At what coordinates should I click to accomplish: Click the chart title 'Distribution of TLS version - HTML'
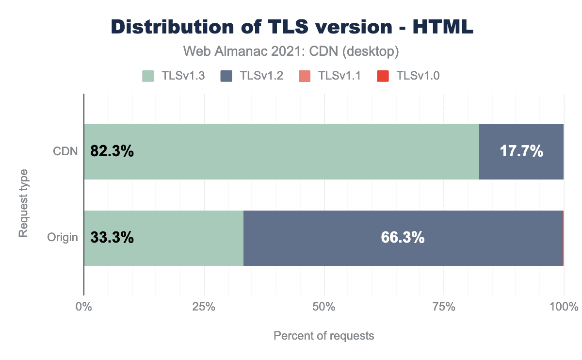[291, 27]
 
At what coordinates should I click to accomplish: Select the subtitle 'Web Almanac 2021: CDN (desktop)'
[291, 50]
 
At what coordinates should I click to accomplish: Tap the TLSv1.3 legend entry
[173, 76]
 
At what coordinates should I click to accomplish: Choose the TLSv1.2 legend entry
[251, 76]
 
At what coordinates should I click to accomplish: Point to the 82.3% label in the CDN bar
[112, 152]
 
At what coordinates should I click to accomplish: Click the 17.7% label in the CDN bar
[521, 152]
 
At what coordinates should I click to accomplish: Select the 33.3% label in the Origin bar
[112, 238]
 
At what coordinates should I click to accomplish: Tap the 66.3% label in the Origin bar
[403, 238]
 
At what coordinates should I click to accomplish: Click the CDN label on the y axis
[65, 152]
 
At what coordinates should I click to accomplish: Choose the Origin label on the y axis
[63, 238]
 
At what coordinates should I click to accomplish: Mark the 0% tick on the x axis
[84, 307]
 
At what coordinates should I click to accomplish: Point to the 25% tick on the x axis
[204, 307]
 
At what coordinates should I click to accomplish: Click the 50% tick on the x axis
[324, 307]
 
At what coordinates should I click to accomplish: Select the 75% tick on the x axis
[444, 307]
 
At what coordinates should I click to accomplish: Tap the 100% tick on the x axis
[564, 307]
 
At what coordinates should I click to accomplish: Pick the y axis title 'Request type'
[23, 203]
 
